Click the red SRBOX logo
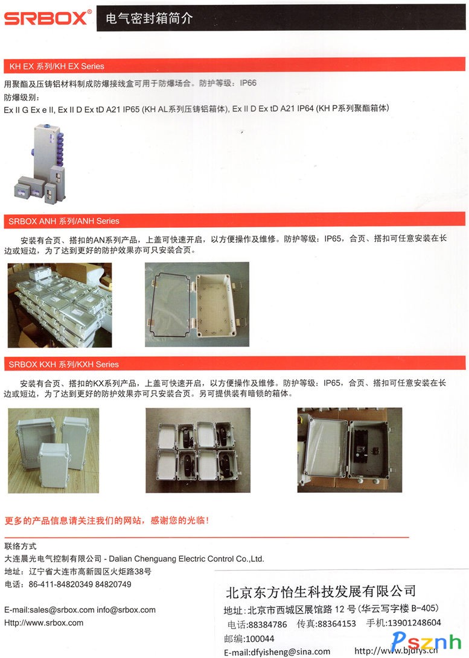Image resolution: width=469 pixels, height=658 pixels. tap(47, 18)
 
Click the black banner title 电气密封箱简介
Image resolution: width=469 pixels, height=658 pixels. tap(149, 18)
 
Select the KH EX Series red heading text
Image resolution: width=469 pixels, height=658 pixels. tap(57, 66)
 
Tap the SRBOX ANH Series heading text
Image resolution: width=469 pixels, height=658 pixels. tap(64, 221)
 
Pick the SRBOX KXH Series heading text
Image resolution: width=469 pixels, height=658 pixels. tap(64, 364)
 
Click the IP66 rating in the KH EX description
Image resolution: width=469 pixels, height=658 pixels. tap(248, 83)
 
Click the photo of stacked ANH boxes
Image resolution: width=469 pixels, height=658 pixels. tap(60, 305)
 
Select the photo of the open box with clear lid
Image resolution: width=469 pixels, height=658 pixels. tap(197, 304)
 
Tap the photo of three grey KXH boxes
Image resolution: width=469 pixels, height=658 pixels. tap(53, 450)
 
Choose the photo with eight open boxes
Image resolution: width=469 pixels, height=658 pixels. tap(198, 450)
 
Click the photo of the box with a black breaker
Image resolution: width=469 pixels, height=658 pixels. tap(349, 450)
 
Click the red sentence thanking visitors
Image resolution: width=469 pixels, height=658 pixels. tap(107, 521)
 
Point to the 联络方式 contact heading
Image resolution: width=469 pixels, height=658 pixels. tap(20, 546)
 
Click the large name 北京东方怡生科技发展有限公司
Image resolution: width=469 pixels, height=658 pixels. tap(321, 591)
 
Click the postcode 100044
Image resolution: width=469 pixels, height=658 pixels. tap(260, 639)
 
